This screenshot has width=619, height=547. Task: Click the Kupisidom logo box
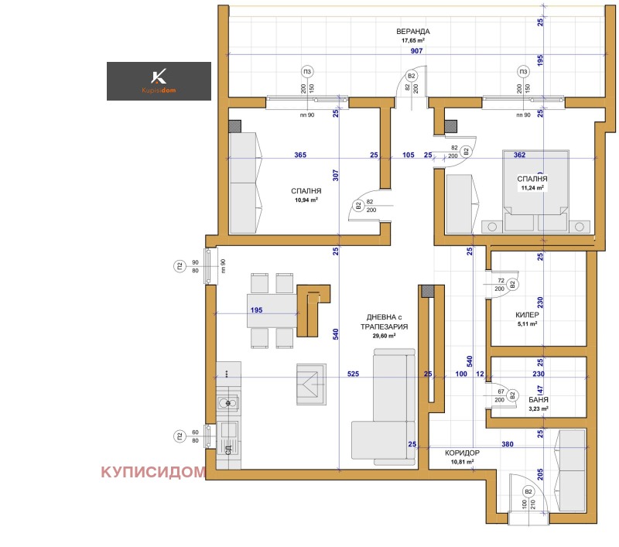(x=159, y=81)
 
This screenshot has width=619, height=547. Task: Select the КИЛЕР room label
(x=527, y=316)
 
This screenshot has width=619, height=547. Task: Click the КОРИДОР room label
(x=463, y=453)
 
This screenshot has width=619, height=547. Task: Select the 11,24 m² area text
(x=532, y=187)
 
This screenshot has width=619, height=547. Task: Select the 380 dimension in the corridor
(x=528, y=445)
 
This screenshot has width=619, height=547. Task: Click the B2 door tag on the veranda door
(x=412, y=76)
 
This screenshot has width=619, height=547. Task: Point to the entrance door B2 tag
(x=528, y=491)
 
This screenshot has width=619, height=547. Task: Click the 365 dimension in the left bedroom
(x=300, y=155)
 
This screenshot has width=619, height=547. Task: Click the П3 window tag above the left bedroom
(x=307, y=71)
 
